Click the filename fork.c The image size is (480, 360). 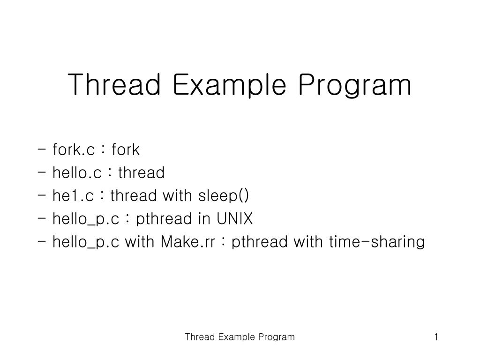[74, 150]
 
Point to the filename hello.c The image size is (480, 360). [77, 173]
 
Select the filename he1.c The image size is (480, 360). [73, 196]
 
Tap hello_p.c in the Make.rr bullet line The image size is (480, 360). [86, 242]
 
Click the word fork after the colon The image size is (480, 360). [126, 150]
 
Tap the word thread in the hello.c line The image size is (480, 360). [141, 173]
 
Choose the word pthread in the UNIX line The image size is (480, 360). [164, 219]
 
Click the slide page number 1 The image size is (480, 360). [436, 337]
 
